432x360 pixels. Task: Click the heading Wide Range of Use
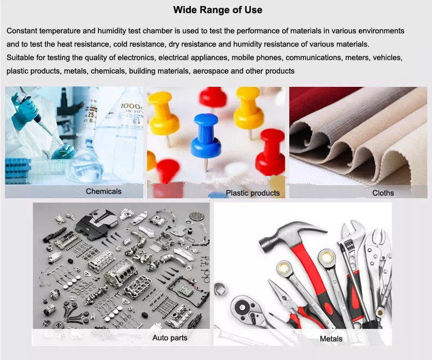click(x=218, y=10)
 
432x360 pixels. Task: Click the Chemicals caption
click(x=103, y=191)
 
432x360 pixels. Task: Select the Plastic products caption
click(x=253, y=193)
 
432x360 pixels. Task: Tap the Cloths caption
click(x=383, y=193)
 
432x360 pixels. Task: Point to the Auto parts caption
click(x=170, y=338)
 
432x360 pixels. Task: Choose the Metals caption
click(x=331, y=339)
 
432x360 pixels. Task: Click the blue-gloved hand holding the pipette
click(x=26, y=106)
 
